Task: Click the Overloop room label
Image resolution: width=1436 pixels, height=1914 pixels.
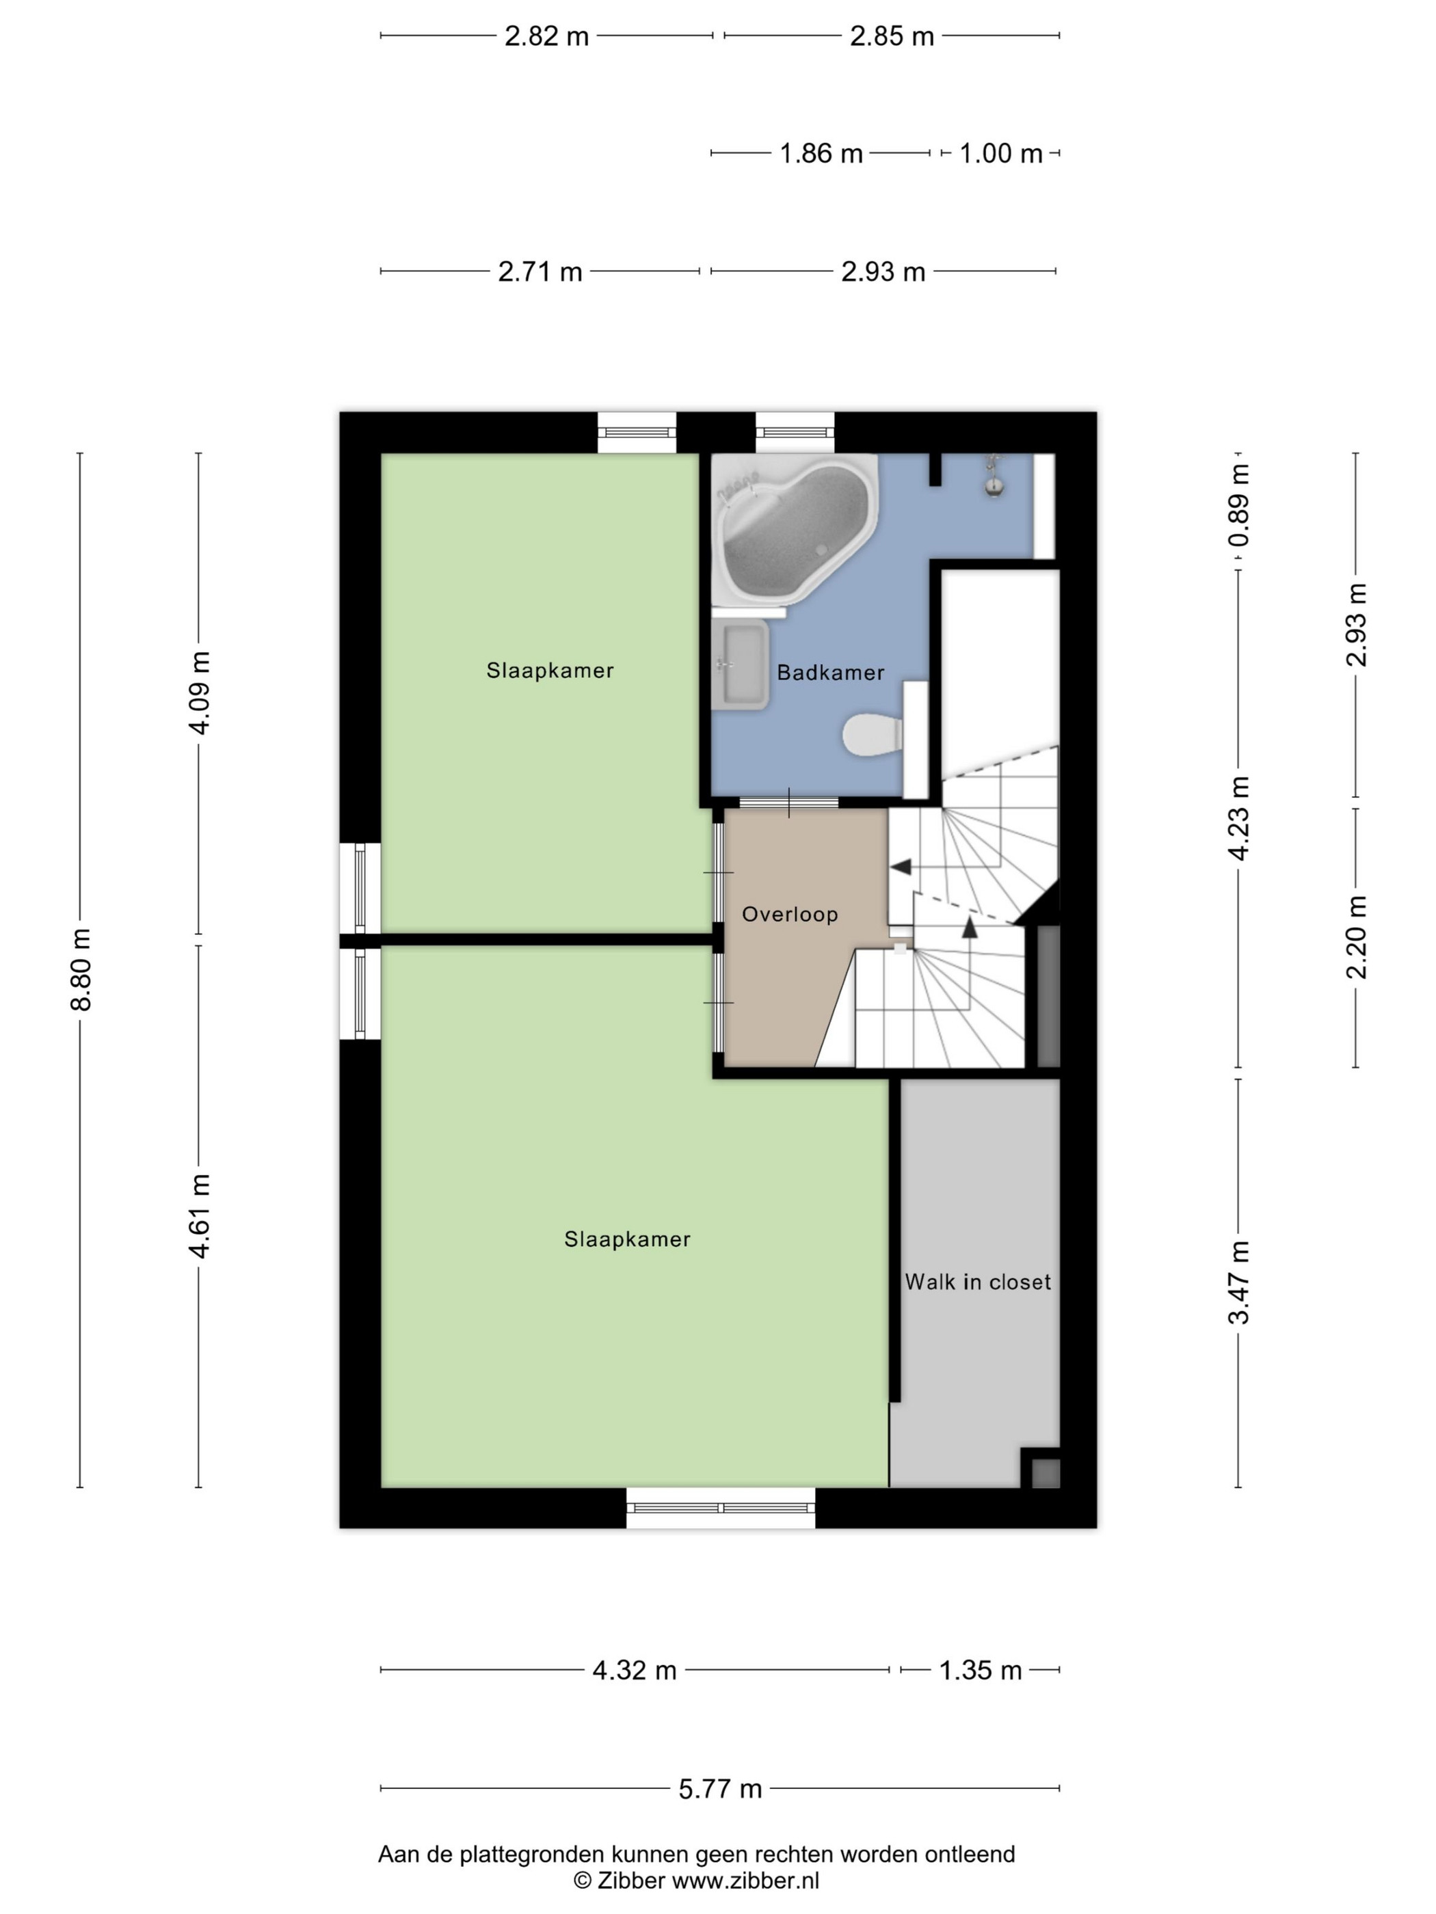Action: [x=789, y=914]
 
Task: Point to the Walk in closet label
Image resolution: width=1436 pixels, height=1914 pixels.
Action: [x=978, y=1282]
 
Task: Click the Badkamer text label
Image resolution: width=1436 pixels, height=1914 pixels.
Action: [x=830, y=673]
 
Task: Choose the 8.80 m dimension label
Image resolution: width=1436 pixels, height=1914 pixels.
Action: [x=81, y=969]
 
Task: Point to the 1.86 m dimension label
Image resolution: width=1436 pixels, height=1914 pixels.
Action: [x=821, y=153]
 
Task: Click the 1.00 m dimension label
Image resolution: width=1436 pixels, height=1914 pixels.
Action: [x=1000, y=153]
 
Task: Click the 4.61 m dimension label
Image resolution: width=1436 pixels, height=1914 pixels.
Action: [x=199, y=1217]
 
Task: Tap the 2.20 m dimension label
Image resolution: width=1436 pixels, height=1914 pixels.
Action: [x=1357, y=937]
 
